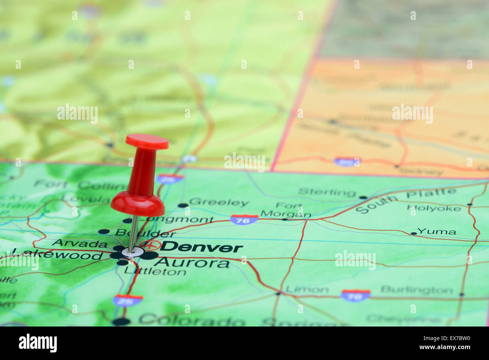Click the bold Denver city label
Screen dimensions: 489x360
(x=201, y=247)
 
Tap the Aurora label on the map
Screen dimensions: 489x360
(x=192, y=263)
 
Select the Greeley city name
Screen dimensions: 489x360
(x=219, y=202)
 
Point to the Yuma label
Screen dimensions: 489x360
(x=436, y=231)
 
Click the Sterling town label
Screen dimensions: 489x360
(x=327, y=192)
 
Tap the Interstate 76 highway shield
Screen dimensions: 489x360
(x=244, y=219)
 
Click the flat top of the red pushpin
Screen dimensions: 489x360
(x=147, y=141)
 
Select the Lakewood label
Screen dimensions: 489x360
(x=58, y=255)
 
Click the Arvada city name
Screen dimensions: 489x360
(x=79, y=243)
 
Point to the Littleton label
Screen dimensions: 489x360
(x=155, y=271)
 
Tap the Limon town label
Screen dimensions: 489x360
(x=307, y=289)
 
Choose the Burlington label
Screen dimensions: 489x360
(x=416, y=290)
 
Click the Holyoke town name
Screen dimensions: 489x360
(x=434, y=208)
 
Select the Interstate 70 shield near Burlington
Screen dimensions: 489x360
(x=355, y=295)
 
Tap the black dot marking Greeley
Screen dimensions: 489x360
(x=183, y=205)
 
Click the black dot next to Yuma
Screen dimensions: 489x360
(x=413, y=234)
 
